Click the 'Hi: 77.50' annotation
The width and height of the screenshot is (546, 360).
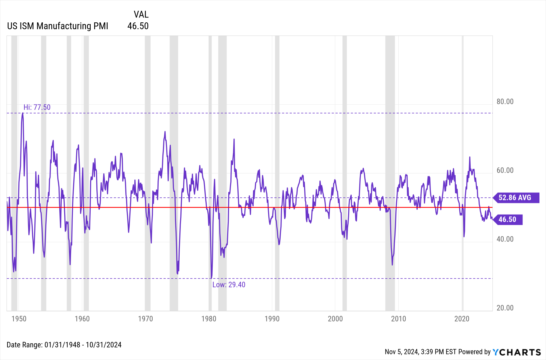pyautogui.click(x=37, y=107)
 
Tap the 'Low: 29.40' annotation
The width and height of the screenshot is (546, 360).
pyautogui.click(x=229, y=285)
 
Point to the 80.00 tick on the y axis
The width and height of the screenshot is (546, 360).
pyautogui.click(x=505, y=102)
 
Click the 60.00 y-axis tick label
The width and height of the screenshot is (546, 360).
pyautogui.click(x=505, y=170)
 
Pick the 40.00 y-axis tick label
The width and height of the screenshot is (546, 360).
pyautogui.click(x=505, y=239)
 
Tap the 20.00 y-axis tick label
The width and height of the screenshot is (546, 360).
pyautogui.click(x=505, y=308)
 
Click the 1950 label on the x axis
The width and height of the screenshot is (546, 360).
pyautogui.click(x=19, y=319)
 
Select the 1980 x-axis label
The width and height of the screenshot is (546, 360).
pyautogui.click(x=209, y=319)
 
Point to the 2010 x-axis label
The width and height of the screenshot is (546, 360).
pyautogui.click(x=398, y=319)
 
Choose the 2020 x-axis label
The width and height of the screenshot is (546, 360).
pyautogui.click(x=462, y=319)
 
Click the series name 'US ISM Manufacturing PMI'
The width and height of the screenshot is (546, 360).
pyautogui.click(x=58, y=26)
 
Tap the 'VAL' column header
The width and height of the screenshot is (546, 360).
pyautogui.click(x=141, y=14)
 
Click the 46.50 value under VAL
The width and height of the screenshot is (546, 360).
pyautogui.click(x=138, y=26)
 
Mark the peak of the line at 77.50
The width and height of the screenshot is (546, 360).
pyautogui.click(x=22, y=113)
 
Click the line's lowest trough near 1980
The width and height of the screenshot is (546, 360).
pyautogui.click(x=211, y=278)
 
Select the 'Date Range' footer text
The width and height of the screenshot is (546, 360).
pyautogui.click(x=64, y=345)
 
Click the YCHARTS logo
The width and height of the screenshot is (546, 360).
pyautogui.click(x=517, y=352)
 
